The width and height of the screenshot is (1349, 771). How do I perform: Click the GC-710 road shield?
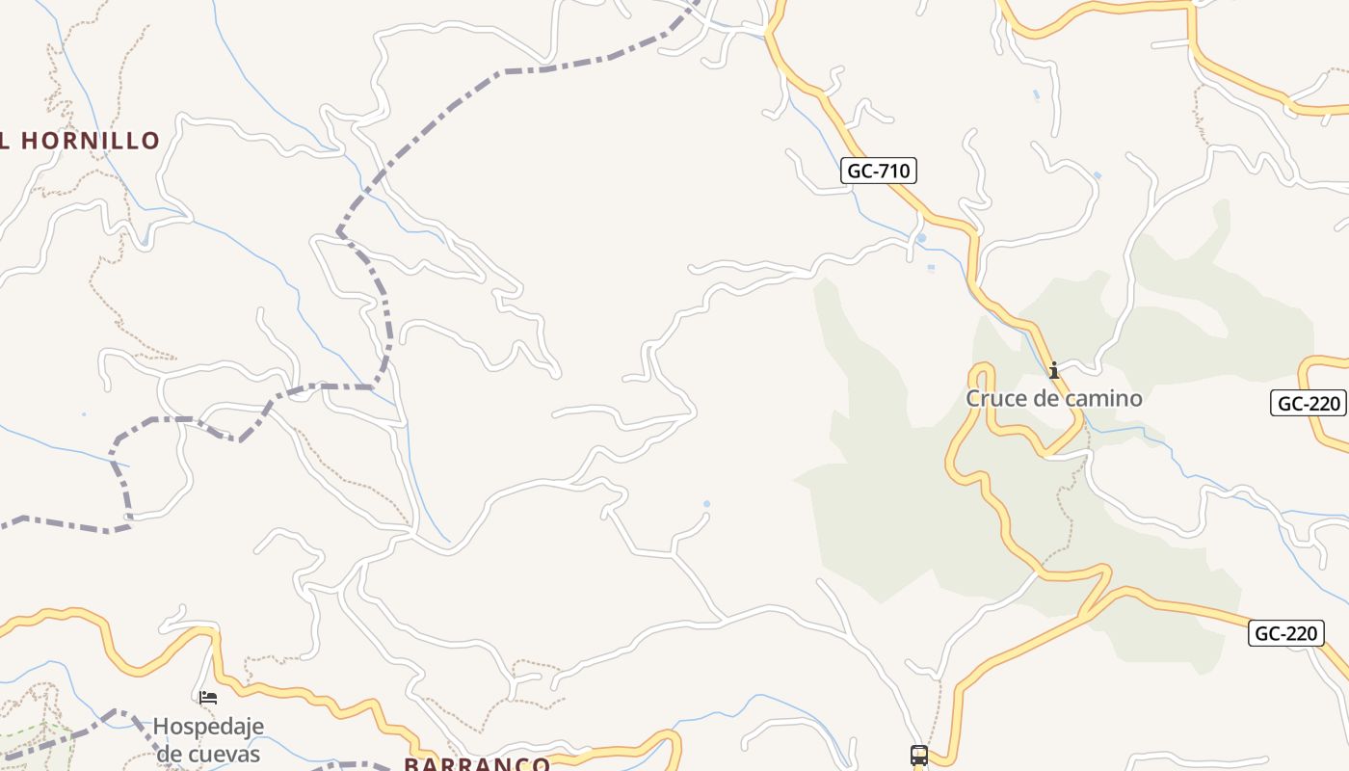point(877,172)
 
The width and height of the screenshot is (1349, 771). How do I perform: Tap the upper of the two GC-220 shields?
point(1308,403)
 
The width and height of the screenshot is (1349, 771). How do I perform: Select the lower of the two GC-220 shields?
point(1285,633)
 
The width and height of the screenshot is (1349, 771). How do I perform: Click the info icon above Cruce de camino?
point(1054,370)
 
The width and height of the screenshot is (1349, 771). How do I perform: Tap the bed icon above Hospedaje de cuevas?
point(208,698)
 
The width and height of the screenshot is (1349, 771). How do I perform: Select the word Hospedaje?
point(208,726)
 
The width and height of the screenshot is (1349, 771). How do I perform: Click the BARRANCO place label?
point(477,764)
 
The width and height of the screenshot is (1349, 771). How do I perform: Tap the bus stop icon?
point(919,756)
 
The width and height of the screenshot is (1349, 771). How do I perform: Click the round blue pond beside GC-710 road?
point(921,238)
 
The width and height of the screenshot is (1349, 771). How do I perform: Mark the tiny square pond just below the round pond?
point(930,269)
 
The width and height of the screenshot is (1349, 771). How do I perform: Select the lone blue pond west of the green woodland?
point(707,504)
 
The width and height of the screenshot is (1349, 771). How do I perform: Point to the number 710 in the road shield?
point(892,172)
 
